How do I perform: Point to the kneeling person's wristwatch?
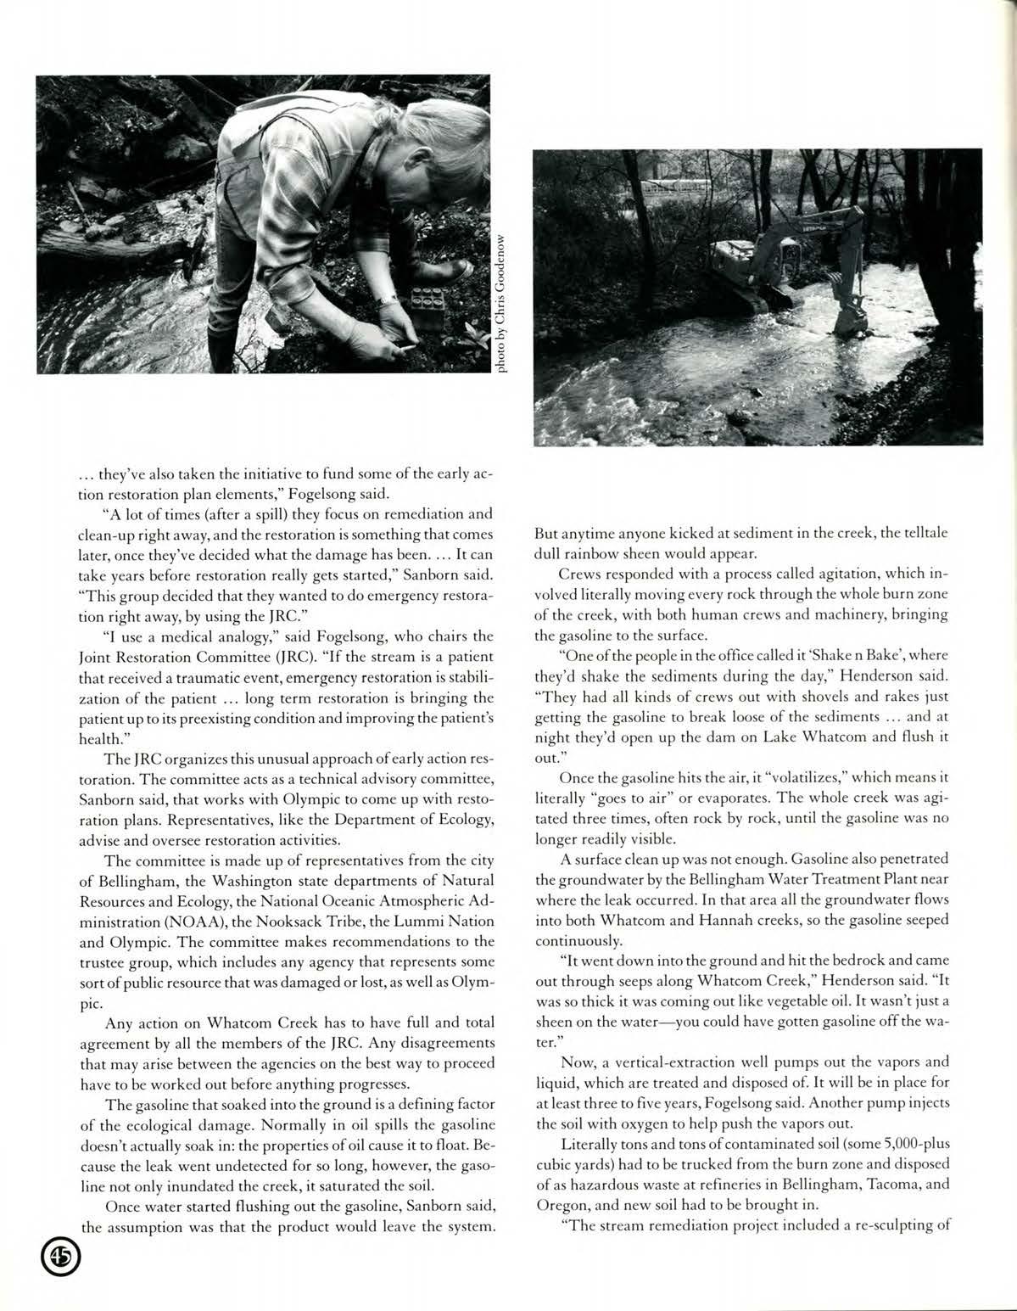(388, 300)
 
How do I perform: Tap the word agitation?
(848, 573)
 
